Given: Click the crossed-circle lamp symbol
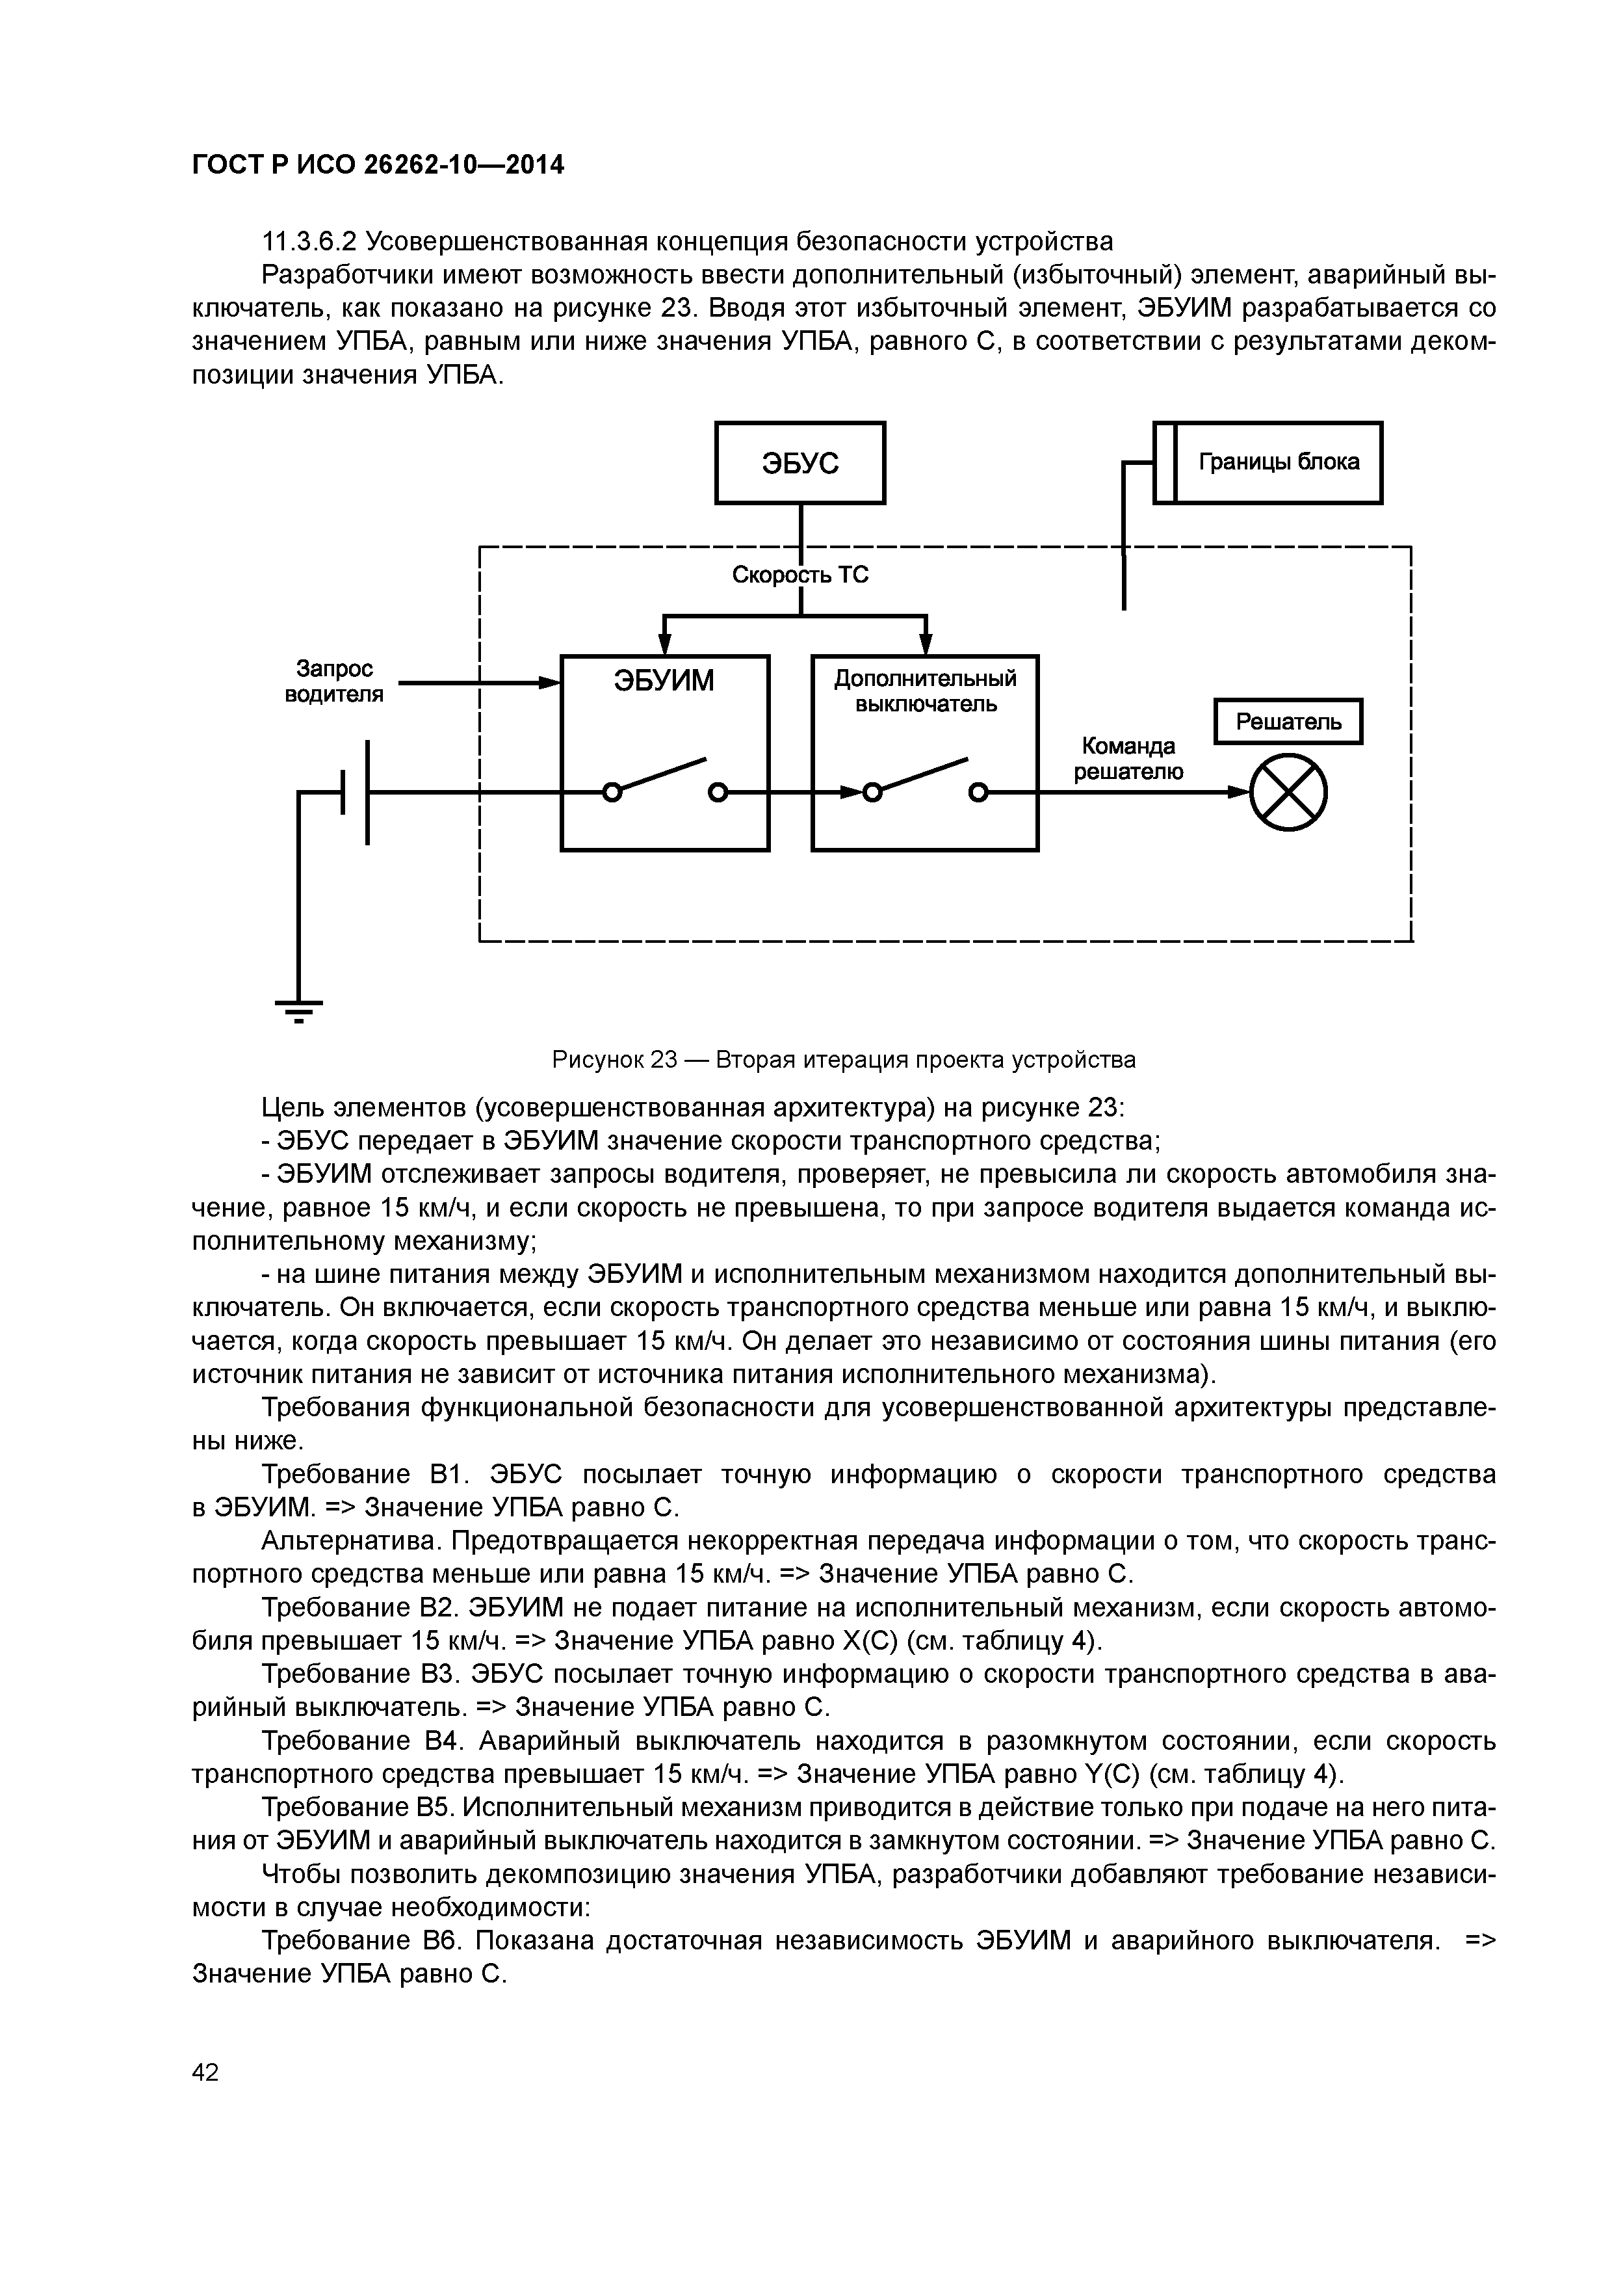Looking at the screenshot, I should pos(1288,792).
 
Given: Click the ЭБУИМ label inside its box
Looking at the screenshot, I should pos(664,681).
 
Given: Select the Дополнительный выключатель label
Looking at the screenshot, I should pos(925,691).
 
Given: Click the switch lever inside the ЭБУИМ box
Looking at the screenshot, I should pos(664,776).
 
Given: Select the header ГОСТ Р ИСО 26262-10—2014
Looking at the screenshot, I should pos(378,165).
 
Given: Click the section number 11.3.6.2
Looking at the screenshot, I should pos(308,241).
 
